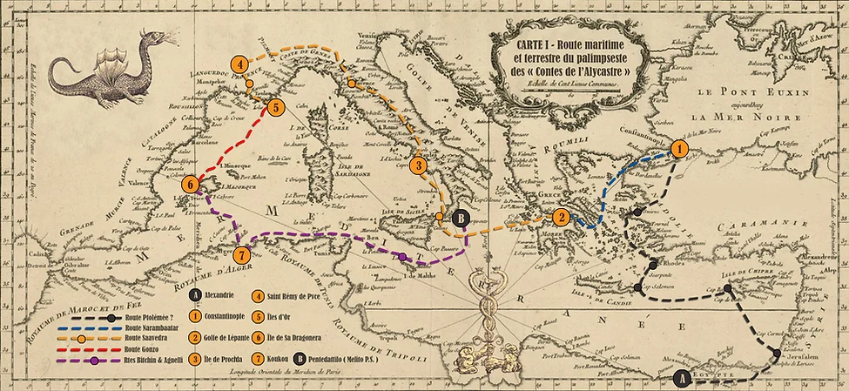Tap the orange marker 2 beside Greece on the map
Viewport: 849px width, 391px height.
coord(563,218)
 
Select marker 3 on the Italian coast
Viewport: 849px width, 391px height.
coord(419,165)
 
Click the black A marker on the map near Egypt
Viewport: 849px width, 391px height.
coord(683,378)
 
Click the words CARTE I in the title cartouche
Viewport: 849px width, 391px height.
coord(533,44)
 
